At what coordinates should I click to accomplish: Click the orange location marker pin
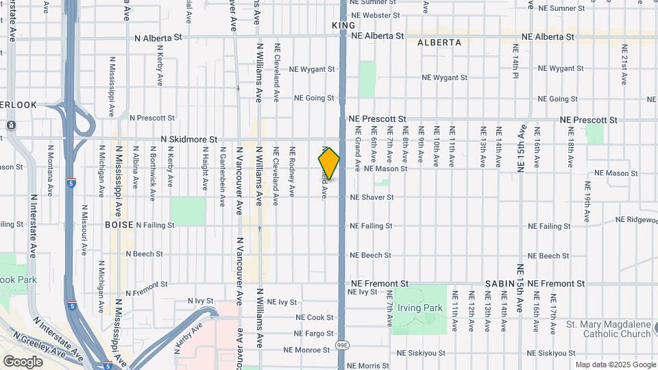click(329, 163)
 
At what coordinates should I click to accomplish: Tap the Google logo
click(23, 361)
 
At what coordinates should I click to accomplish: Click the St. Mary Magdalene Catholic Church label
click(608, 329)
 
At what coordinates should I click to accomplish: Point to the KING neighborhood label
click(343, 25)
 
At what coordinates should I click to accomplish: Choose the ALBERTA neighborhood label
click(439, 42)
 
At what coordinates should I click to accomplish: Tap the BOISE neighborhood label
click(119, 225)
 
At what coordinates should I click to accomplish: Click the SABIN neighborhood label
click(500, 283)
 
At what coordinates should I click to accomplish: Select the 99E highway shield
click(343, 343)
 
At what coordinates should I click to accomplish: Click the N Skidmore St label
click(188, 138)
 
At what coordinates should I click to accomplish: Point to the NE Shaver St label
click(372, 197)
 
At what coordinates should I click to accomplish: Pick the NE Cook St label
click(315, 317)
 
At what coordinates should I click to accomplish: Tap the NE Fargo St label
click(313, 334)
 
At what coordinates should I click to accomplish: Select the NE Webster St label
click(375, 15)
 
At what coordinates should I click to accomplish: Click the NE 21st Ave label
click(624, 64)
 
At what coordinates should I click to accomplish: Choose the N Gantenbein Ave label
click(222, 180)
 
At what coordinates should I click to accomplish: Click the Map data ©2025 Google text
click(615, 365)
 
